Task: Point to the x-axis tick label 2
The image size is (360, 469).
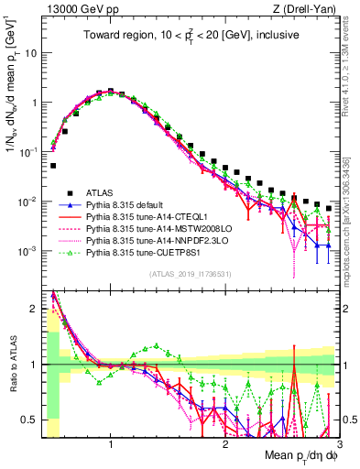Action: (225, 442)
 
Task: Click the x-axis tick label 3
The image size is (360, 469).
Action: (339, 442)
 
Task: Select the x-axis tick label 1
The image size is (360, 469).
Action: (111, 442)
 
